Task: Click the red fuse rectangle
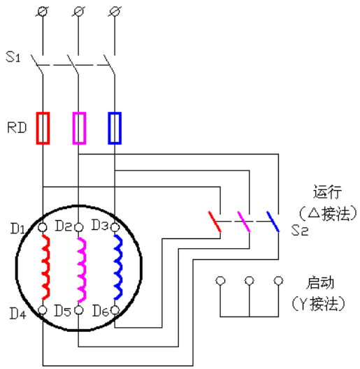point(37,128)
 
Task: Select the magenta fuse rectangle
point(73,128)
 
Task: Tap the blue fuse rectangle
point(109,128)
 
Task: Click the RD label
point(17,128)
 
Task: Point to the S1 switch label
point(13,57)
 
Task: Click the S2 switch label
point(300,230)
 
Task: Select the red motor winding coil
point(47,267)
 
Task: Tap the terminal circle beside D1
point(43,227)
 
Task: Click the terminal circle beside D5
point(78,310)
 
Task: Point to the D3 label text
point(100,225)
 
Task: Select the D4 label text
point(17,313)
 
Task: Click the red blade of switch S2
point(215,222)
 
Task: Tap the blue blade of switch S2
point(273,222)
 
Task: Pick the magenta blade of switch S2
point(244,222)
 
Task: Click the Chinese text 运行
point(327,192)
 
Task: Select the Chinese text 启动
point(320,282)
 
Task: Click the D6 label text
point(101,310)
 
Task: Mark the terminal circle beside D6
point(115,310)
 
